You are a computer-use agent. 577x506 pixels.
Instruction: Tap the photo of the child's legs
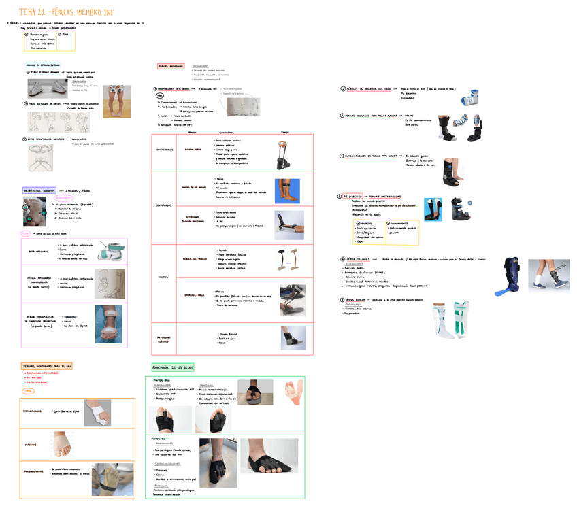tap(116, 101)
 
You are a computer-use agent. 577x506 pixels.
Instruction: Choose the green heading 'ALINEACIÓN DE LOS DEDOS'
tap(173, 367)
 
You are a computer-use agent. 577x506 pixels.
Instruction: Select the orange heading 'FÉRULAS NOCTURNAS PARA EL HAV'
tap(47, 366)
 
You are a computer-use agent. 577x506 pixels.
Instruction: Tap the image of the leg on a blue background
tap(287, 191)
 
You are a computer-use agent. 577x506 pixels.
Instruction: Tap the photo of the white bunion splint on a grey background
tap(97, 413)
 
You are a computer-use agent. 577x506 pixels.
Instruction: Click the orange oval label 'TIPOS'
tap(29, 391)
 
